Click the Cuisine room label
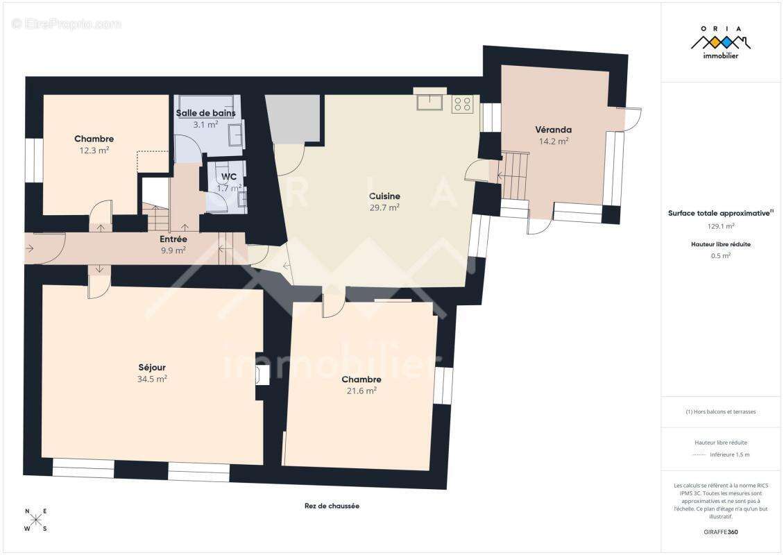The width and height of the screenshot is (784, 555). pyautogui.click(x=384, y=196)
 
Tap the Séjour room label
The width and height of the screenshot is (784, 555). pyautogui.click(x=152, y=368)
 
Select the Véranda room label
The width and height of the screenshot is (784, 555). pyautogui.click(x=554, y=130)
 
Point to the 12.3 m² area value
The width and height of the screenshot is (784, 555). pyautogui.click(x=94, y=150)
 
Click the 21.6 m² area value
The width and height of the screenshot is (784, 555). pyautogui.click(x=361, y=391)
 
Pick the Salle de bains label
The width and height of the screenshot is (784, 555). pyautogui.click(x=205, y=113)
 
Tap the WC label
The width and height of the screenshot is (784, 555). pyautogui.click(x=229, y=176)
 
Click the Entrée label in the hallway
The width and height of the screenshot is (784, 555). pyautogui.click(x=173, y=239)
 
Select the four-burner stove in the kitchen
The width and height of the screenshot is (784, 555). pyautogui.click(x=462, y=104)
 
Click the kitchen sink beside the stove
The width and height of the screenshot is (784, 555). pyautogui.click(x=430, y=102)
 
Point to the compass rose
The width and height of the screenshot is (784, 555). pyautogui.click(x=36, y=520)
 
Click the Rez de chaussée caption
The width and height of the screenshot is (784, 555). pyautogui.click(x=332, y=506)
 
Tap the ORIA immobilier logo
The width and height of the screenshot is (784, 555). pyautogui.click(x=720, y=43)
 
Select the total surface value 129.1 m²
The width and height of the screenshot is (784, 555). pyautogui.click(x=720, y=226)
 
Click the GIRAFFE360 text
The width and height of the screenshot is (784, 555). pyautogui.click(x=720, y=532)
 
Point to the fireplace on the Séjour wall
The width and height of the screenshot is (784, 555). pyautogui.click(x=262, y=375)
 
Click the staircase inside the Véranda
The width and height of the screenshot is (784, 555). pyautogui.click(x=515, y=175)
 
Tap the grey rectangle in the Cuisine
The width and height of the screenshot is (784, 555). pyautogui.click(x=293, y=119)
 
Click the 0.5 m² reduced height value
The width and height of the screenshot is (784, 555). pyautogui.click(x=720, y=255)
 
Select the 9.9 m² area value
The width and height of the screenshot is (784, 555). pyautogui.click(x=173, y=250)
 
